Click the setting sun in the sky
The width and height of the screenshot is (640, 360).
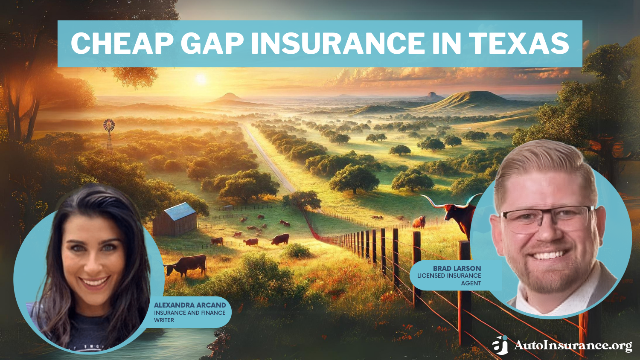click(201, 79)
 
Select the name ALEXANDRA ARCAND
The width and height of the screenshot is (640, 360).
click(190, 305)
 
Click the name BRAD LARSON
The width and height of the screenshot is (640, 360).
click(457, 268)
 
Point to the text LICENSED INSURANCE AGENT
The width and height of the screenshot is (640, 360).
click(449, 279)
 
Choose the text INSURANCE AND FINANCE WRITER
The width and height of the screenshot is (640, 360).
click(189, 316)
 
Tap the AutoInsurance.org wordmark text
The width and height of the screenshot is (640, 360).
click(573, 345)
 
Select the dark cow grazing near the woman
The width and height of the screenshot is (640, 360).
click(187, 264)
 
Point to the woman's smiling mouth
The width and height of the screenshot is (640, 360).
click(95, 282)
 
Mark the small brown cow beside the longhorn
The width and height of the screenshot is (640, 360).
click(419, 222)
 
